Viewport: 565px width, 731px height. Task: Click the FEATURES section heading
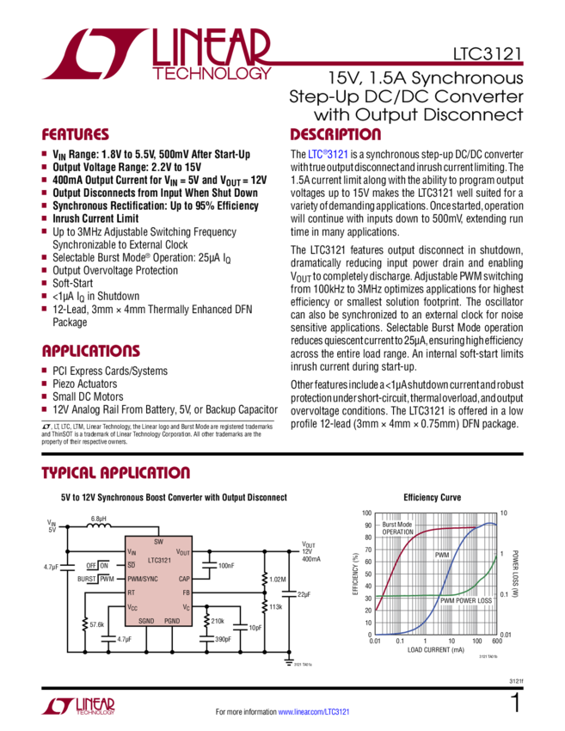pos(76,136)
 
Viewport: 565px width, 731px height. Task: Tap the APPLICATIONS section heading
pos(92,351)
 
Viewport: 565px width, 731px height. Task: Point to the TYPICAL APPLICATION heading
pos(115,474)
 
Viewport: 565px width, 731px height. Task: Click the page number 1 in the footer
pos(514,704)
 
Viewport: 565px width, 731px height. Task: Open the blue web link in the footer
pos(313,712)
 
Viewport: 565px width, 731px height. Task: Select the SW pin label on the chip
pos(158,542)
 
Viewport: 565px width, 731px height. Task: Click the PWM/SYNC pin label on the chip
pos(144,580)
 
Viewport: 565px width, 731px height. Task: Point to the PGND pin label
pos(173,620)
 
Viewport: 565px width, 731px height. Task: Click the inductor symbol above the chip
pos(99,524)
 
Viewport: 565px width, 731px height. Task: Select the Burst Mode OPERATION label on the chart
pos(397,528)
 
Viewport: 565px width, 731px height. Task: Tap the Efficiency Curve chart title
pos(433,497)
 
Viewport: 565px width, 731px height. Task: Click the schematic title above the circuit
pos(160,497)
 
